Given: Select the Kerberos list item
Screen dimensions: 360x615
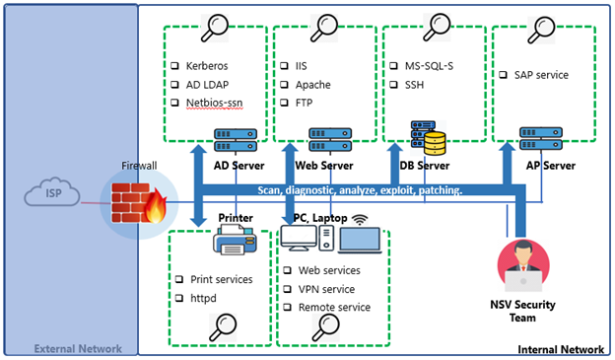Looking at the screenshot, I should [x=206, y=66].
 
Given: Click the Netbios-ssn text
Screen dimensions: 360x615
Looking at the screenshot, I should [x=214, y=102].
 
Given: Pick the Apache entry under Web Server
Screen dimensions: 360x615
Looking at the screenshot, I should [x=312, y=84].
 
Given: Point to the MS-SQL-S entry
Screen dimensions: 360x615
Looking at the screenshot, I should [x=430, y=66].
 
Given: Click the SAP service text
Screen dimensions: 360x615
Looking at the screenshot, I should [x=540, y=74].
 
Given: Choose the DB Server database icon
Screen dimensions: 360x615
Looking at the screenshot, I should [x=430, y=138].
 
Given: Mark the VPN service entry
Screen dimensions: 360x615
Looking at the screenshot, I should [x=328, y=289].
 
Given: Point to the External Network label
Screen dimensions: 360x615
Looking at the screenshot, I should [x=79, y=348].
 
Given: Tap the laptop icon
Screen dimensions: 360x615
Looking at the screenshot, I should [x=359, y=241].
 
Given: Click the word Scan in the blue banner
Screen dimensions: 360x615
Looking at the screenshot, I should [x=273, y=189].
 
